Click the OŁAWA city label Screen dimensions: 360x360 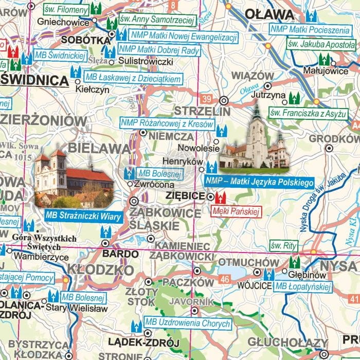point(269,13)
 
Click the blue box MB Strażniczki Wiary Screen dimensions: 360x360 point(83,217)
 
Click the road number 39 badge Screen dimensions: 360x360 point(207,98)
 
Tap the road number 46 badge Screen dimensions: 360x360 point(224,278)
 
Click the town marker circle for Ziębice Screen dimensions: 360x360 point(210,196)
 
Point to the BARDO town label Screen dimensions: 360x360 point(120,254)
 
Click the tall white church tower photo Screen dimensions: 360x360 point(256,139)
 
